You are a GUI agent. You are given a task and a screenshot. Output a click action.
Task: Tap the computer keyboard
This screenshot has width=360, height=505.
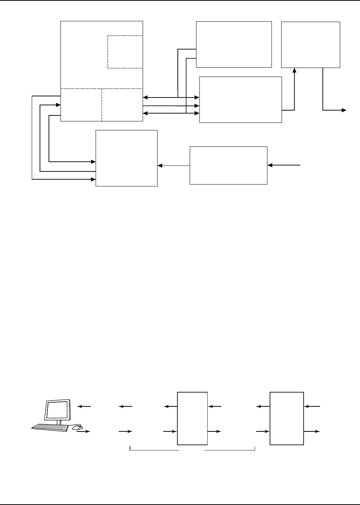click(x=50, y=428)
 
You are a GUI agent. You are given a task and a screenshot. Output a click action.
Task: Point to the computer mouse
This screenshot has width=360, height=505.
click(x=77, y=427)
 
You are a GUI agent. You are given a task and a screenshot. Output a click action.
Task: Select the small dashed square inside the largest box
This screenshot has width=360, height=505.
click(x=125, y=52)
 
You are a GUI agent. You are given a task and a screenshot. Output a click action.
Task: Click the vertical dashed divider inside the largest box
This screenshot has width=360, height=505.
click(x=102, y=105)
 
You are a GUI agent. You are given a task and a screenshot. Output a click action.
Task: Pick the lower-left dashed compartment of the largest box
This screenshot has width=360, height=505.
click(x=81, y=105)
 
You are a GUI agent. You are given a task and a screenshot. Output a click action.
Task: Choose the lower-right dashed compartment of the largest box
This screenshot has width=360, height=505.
click(x=122, y=105)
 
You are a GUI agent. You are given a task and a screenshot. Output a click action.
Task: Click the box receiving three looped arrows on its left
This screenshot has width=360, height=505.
click(x=127, y=158)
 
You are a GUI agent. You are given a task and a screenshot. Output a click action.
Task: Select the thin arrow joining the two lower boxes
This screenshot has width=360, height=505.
click(x=174, y=165)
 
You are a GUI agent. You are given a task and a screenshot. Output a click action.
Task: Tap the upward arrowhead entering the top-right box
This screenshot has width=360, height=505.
click(x=295, y=70)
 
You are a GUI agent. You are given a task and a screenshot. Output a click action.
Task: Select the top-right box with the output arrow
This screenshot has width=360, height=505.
click(x=310, y=44)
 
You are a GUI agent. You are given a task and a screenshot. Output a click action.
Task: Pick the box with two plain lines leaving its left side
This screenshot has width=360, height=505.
click(x=234, y=44)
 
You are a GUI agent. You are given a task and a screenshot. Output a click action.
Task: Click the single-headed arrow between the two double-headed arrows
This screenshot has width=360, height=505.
click(x=171, y=106)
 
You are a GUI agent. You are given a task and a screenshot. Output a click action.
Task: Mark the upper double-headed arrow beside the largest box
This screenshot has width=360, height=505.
click(x=171, y=97)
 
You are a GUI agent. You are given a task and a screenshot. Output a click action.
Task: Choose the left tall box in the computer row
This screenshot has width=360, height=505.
click(x=192, y=418)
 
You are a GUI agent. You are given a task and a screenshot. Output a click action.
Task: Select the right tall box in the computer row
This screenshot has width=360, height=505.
click(x=286, y=418)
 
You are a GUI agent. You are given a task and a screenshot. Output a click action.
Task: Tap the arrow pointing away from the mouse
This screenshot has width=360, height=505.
click(x=84, y=431)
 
